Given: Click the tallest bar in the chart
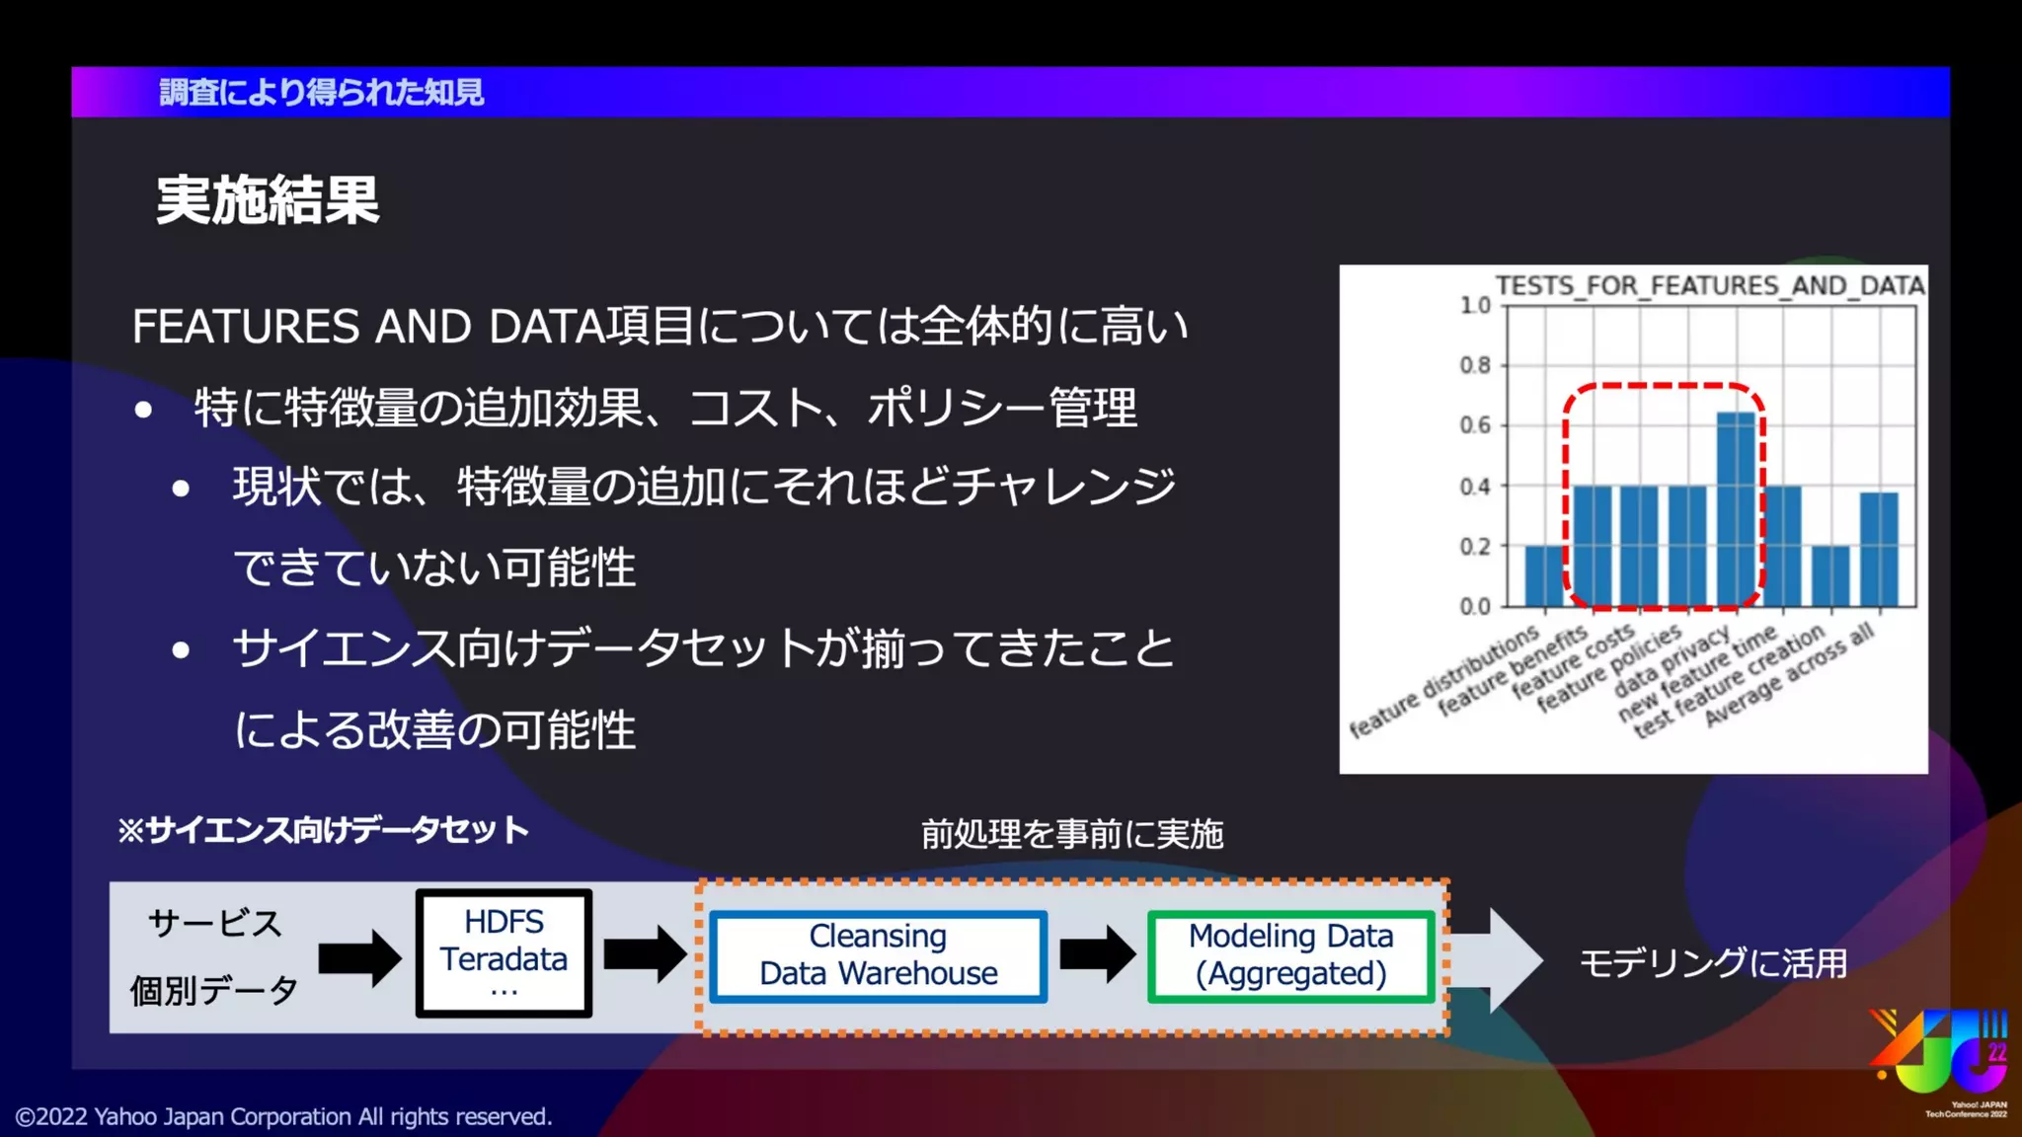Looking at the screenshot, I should (1736, 508).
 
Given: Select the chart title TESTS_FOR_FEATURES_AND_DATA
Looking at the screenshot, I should (1709, 285).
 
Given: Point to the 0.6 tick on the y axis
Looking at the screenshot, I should (1475, 425).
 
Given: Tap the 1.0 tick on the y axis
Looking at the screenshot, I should (1475, 305).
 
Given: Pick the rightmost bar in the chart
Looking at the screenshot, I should (1878, 549).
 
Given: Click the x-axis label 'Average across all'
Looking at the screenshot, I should (1789, 677).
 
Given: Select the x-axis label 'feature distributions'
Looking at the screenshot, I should (1443, 681).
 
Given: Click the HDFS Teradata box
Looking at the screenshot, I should (504, 953).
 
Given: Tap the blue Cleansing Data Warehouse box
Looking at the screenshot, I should (878, 955).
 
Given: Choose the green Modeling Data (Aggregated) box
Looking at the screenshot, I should (1290, 955).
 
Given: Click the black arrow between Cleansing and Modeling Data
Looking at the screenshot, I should (1097, 954).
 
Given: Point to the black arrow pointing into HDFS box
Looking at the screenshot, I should (359, 957).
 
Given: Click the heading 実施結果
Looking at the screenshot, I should (268, 200).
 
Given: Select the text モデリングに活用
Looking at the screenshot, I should (1713, 962).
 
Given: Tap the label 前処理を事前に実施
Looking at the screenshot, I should (1071, 835).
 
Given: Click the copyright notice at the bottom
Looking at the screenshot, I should (283, 1116).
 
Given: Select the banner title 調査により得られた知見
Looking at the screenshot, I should (321, 93).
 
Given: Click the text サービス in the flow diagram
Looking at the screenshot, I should (214, 924).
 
